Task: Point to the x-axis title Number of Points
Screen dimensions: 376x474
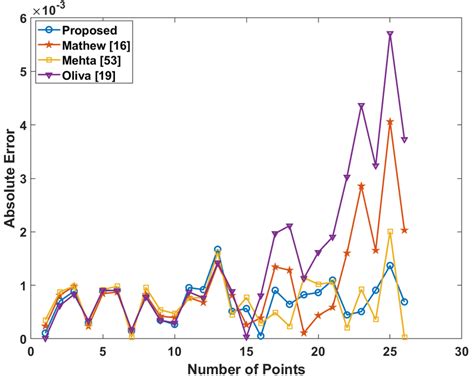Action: (x=244, y=367)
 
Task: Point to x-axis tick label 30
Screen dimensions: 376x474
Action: (x=461, y=352)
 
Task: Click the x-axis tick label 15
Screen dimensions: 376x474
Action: (x=246, y=352)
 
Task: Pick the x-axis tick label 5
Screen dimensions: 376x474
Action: (x=102, y=352)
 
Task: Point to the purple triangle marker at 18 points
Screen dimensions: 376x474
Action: (x=289, y=226)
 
